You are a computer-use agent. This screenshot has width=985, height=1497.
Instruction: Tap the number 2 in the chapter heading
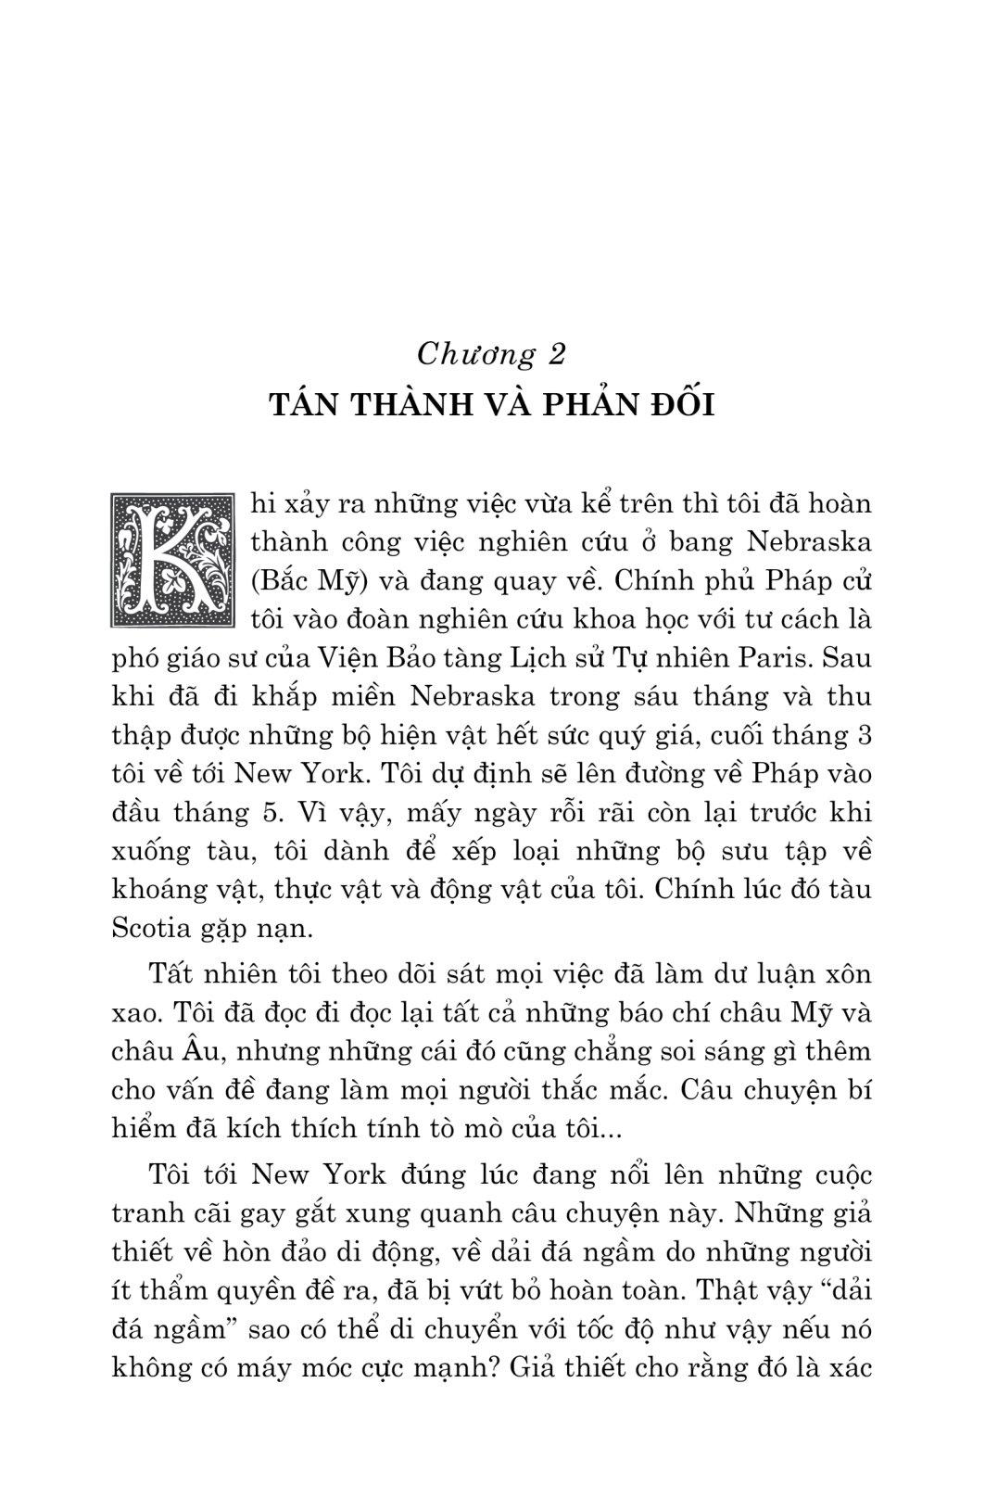pos(581,354)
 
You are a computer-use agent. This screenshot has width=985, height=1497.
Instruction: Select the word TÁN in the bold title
pos(305,406)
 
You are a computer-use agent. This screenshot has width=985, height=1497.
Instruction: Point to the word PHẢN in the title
pos(584,406)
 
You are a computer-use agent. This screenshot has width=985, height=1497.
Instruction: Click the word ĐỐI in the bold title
pos(681,406)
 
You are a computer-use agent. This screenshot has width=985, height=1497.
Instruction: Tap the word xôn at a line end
pos(848,975)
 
